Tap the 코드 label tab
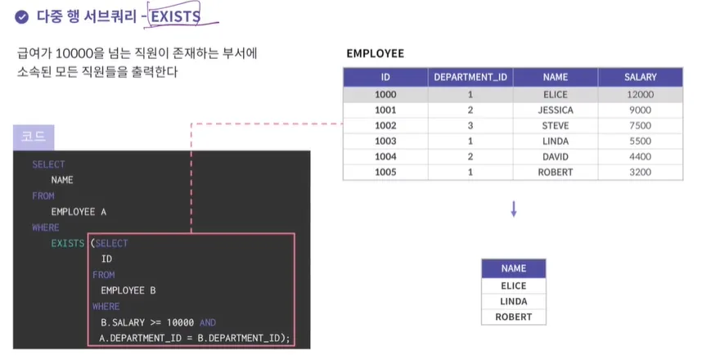(34, 137)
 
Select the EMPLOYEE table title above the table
(375, 54)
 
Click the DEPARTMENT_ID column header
(470, 78)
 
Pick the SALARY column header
(640, 78)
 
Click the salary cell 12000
(640, 95)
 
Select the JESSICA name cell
(556, 110)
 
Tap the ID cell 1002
(385, 126)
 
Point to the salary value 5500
(640, 142)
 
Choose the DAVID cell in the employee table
(556, 157)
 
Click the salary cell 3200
(640, 173)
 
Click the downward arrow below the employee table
(514, 209)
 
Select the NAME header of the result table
(514, 268)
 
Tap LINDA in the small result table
(514, 301)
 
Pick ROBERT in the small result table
(514, 317)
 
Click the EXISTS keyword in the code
(68, 244)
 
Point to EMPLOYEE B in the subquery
(128, 290)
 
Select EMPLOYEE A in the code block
(79, 212)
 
